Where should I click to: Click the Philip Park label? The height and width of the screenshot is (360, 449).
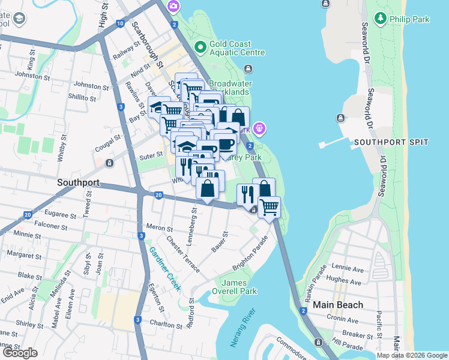pos(409,19)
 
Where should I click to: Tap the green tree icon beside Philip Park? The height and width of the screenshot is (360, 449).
pos(380,19)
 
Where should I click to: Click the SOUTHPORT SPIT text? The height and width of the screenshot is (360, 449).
pos(391,142)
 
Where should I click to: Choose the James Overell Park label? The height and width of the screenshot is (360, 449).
pos(239,287)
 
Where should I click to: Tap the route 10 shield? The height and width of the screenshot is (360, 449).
pos(120,23)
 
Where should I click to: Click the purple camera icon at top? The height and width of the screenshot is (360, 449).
pos(173,6)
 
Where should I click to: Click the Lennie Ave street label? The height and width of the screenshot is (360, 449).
pos(347,266)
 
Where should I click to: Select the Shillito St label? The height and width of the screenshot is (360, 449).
pos(82,97)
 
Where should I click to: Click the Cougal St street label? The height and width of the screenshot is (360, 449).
pos(107,142)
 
